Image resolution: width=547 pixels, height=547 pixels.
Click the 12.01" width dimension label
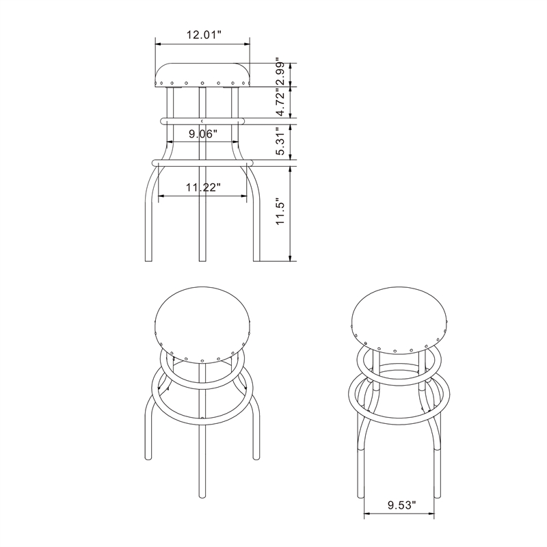click(202, 34)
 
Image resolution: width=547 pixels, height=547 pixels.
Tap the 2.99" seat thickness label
click(280, 73)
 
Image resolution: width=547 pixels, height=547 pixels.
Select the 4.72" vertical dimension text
click(280, 103)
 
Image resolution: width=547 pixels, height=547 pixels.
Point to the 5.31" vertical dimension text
click(280, 142)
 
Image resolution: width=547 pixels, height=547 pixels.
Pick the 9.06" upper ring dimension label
click(202, 135)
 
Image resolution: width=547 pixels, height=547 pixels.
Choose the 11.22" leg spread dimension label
click(203, 187)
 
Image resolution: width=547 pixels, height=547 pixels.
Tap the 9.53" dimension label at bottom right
click(401, 506)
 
